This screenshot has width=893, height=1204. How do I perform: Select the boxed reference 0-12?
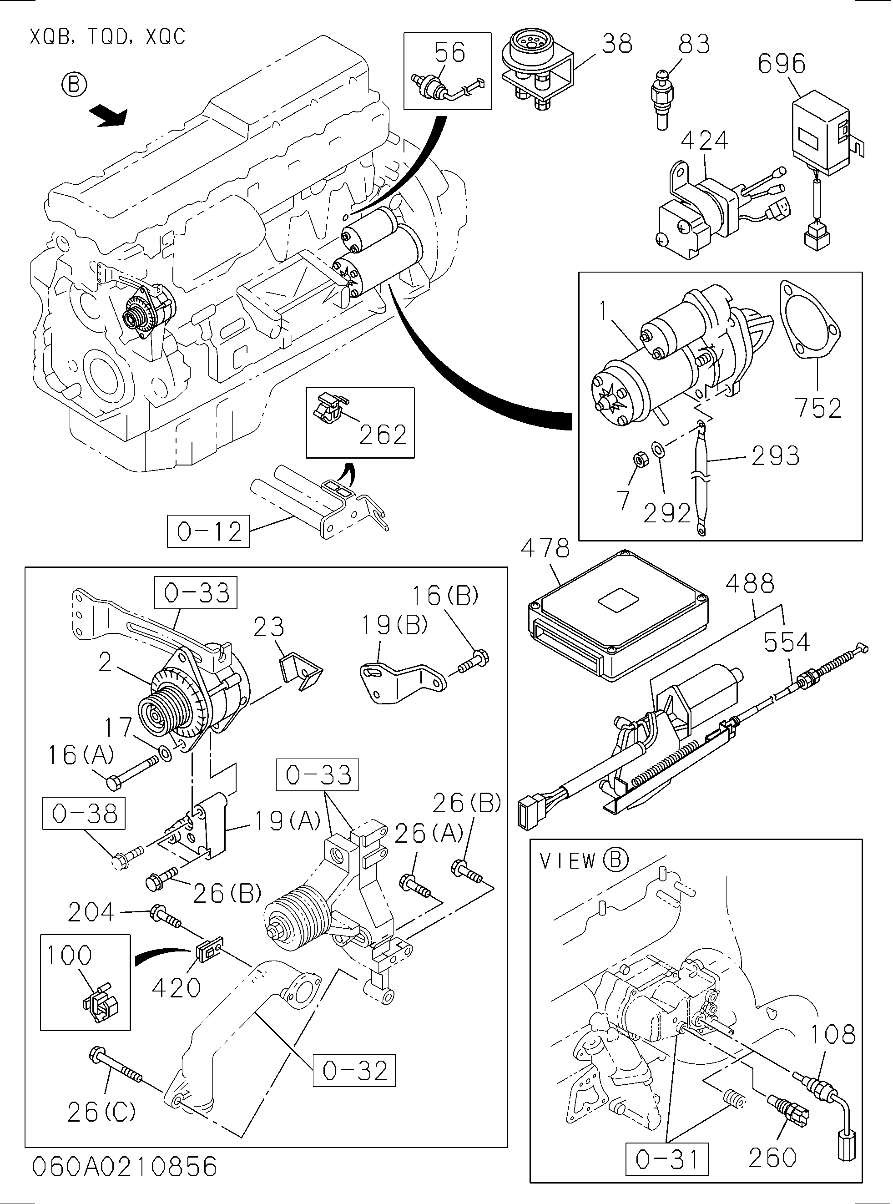(209, 531)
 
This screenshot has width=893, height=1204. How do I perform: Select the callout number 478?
(545, 548)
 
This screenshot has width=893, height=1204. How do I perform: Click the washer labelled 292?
(658, 448)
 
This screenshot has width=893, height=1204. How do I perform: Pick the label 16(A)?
(81, 755)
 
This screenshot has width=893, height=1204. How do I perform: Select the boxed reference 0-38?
(84, 813)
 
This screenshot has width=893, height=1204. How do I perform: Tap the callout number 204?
(91, 913)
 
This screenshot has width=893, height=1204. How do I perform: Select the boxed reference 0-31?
(666, 1158)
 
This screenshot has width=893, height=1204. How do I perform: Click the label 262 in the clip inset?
(383, 435)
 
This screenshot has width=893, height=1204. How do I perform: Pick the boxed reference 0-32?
(354, 1071)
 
